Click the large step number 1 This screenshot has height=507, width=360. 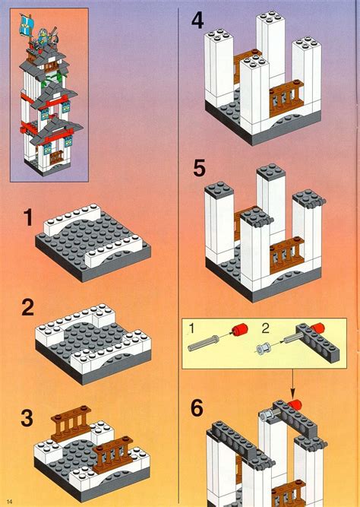(27, 220)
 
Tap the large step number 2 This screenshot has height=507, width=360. (27, 309)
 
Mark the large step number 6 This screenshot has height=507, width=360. (197, 409)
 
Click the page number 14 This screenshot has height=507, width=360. (10, 499)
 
